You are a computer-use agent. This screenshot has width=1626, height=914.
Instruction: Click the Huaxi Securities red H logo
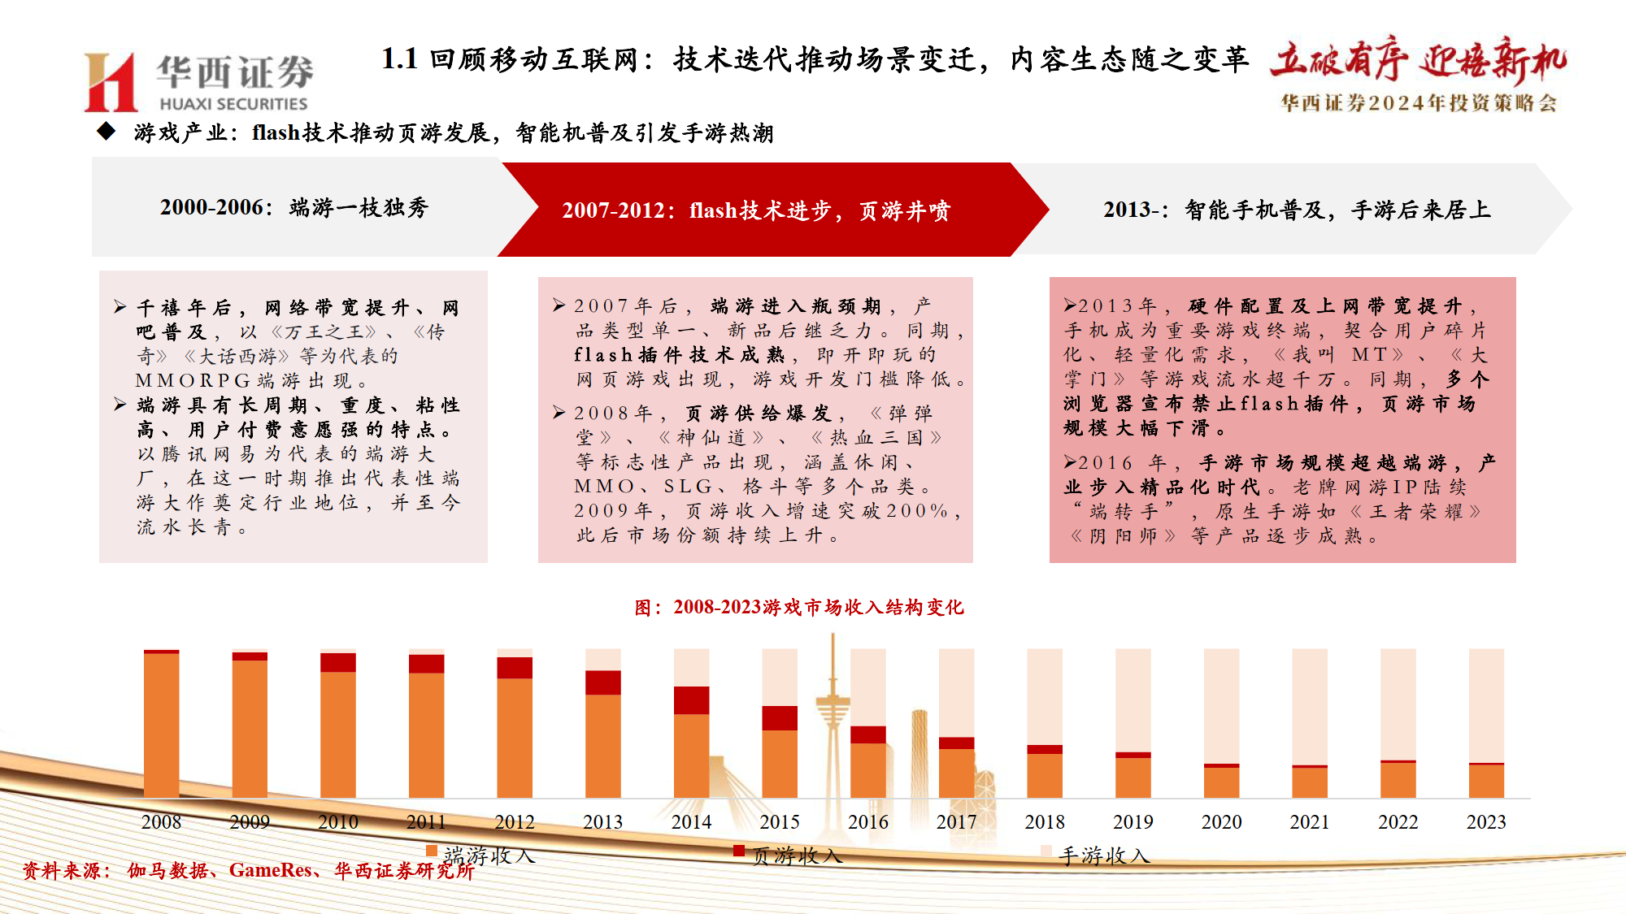pyautogui.click(x=111, y=82)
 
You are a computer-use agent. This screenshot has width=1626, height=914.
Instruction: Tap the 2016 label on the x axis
pyautogui.click(x=867, y=822)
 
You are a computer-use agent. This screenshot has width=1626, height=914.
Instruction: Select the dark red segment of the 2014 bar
pyautogui.click(x=691, y=700)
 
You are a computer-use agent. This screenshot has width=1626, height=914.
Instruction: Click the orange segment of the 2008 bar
pyautogui.click(x=161, y=725)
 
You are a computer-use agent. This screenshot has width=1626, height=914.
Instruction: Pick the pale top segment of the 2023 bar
pyautogui.click(x=1485, y=705)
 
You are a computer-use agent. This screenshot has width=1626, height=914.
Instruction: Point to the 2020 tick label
pyautogui.click(x=1221, y=822)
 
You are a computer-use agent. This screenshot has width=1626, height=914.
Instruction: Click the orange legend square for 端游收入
pyautogui.click(x=432, y=851)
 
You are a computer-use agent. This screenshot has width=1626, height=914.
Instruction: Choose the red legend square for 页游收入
pyautogui.click(x=739, y=851)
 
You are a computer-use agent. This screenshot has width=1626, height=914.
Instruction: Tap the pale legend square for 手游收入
pyautogui.click(x=1046, y=851)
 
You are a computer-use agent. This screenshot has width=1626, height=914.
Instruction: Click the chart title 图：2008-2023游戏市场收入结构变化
pyautogui.click(x=798, y=608)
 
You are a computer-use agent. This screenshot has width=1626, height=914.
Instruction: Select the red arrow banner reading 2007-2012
pyautogui.click(x=756, y=210)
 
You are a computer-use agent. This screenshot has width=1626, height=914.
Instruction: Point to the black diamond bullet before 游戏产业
pyautogui.click(x=107, y=131)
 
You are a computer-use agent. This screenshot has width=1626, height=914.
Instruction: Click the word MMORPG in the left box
pyautogui.click(x=193, y=381)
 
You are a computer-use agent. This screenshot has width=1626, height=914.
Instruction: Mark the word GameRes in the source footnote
pyautogui.click(x=271, y=871)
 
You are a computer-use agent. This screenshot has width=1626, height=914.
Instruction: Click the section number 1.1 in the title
pyautogui.click(x=399, y=59)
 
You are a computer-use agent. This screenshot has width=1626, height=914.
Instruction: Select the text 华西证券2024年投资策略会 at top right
pyautogui.click(x=1419, y=103)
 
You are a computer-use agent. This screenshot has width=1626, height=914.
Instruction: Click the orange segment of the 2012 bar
pyautogui.click(x=515, y=737)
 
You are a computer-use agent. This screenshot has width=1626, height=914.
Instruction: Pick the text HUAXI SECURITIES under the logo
pyautogui.click(x=233, y=104)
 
